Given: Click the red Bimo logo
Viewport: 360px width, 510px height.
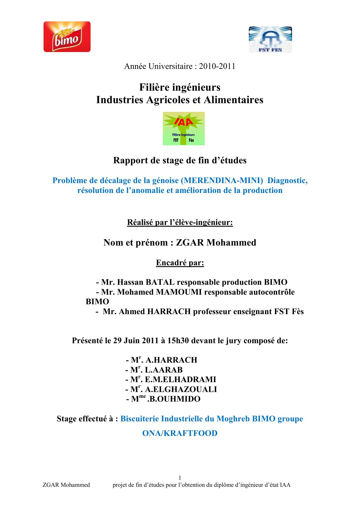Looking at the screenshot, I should pyautogui.click(x=67, y=37).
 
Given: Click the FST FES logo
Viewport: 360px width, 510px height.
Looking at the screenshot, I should pyautogui.click(x=270, y=40).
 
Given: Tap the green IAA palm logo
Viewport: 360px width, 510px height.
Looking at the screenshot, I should pyautogui.click(x=183, y=128).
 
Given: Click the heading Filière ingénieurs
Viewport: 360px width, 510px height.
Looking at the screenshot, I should pyautogui.click(x=180, y=87).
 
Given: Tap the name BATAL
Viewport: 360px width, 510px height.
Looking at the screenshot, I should pyautogui.click(x=160, y=282).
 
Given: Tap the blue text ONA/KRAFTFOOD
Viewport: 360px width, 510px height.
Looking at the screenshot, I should pyautogui.click(x=180, y=433).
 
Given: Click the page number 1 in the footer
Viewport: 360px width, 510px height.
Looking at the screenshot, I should pyautogui.click(x=180, y=478).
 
